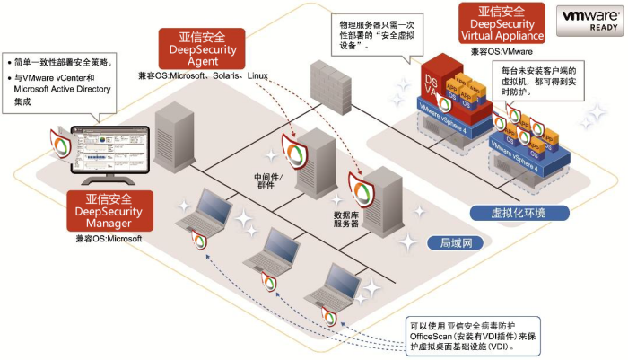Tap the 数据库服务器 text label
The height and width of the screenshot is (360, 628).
point(346,220)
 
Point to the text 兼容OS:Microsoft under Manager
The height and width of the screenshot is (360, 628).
point(109,240)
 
